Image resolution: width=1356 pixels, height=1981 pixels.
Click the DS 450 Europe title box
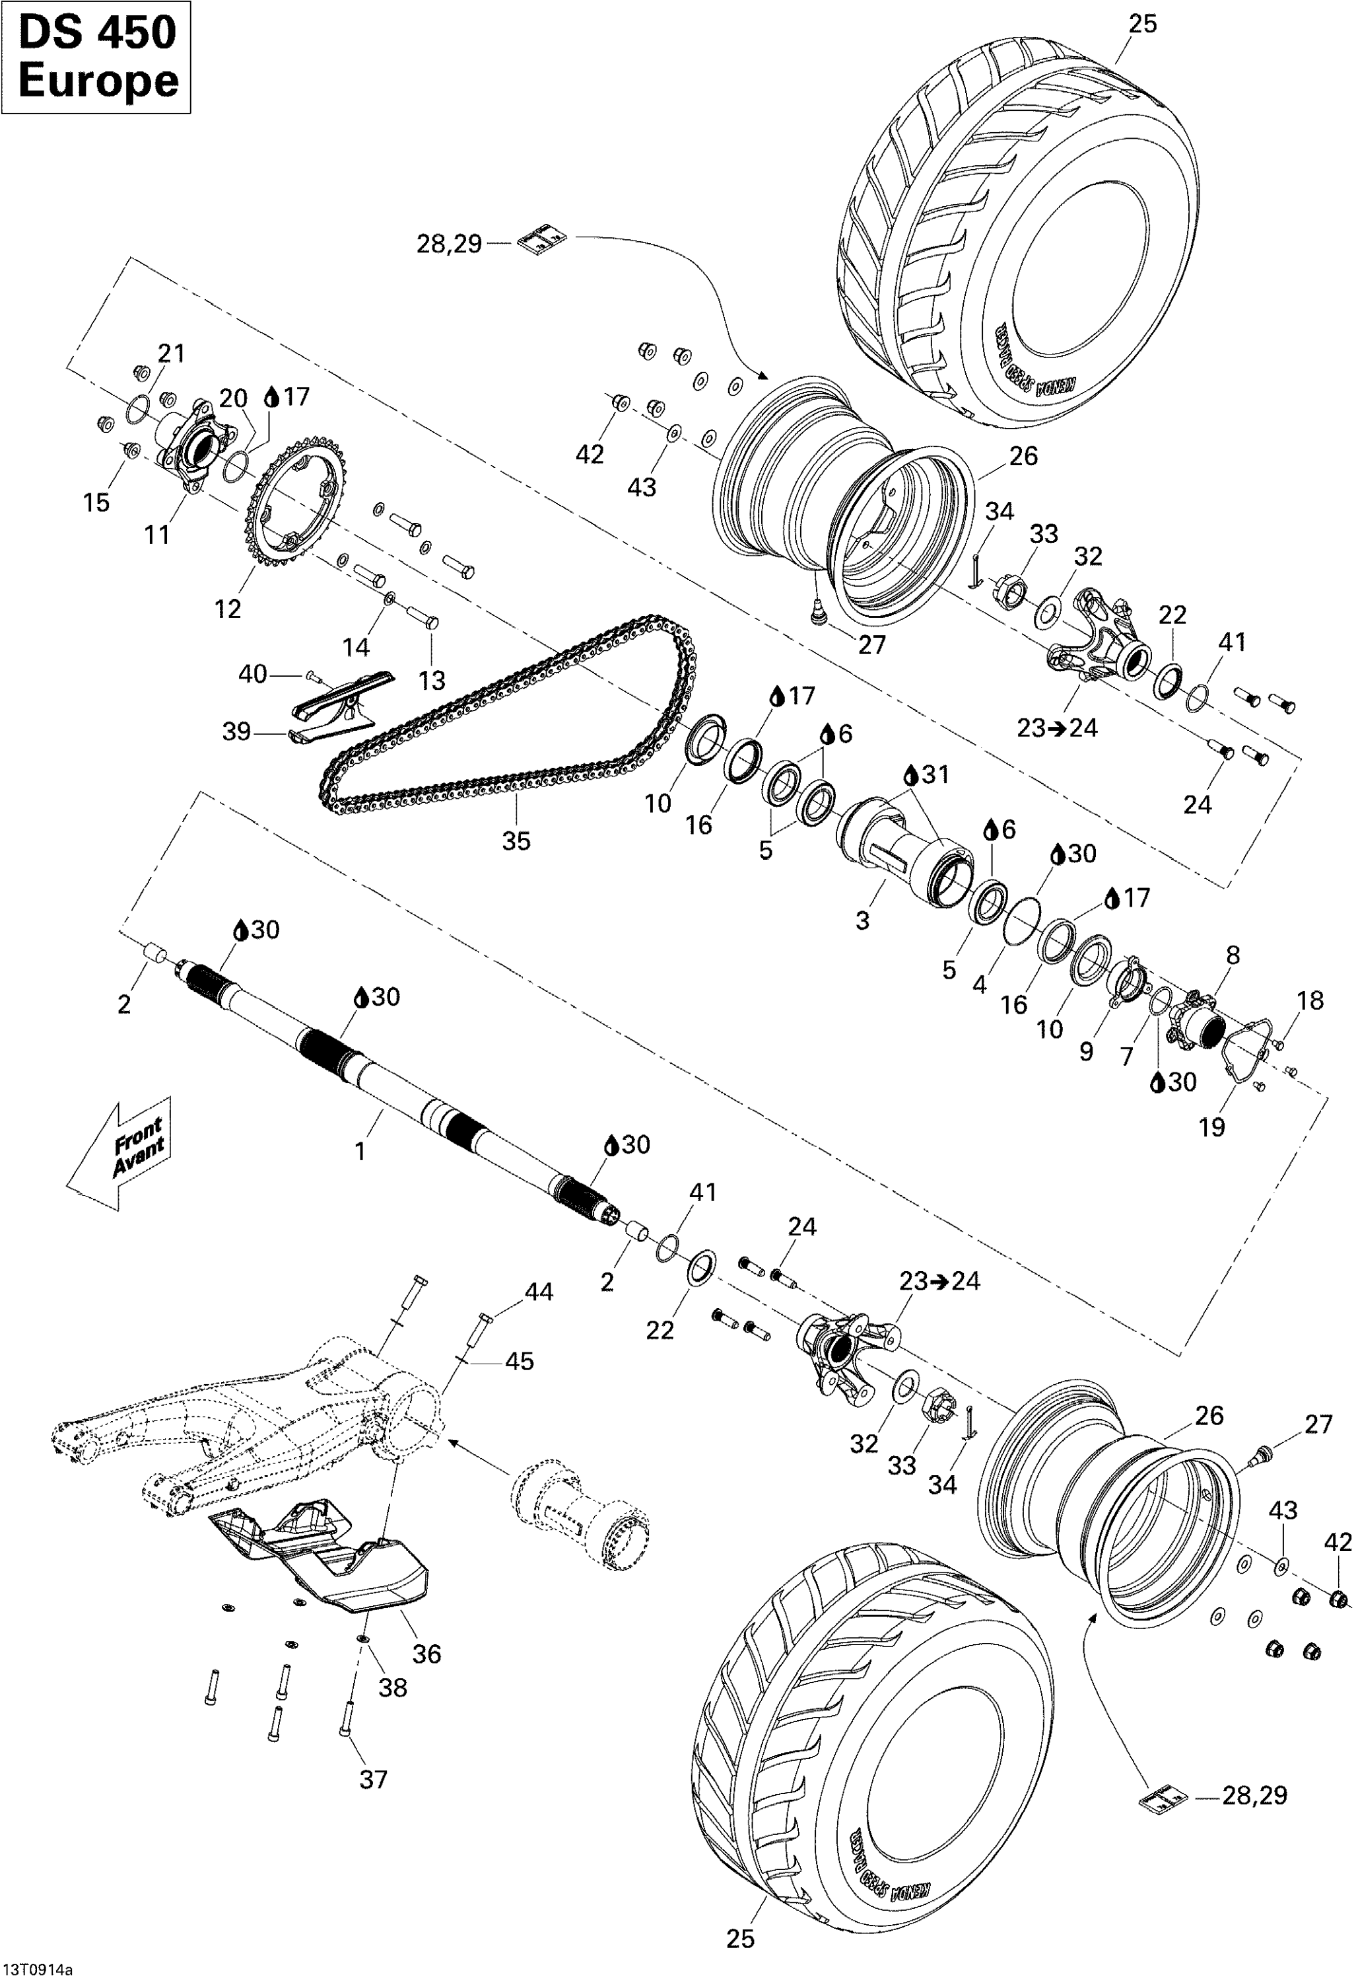point(96,57)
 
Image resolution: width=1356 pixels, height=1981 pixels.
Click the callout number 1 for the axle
point(360,1151)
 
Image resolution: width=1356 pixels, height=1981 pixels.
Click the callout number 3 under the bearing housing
point(863,921)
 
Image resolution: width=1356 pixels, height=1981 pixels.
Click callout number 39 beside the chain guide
point(236,732)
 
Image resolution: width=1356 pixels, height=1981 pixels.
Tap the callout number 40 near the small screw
point(252,674)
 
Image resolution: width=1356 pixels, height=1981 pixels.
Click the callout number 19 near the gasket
point(1211,1127)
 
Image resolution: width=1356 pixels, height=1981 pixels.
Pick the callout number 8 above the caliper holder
point(1233,955)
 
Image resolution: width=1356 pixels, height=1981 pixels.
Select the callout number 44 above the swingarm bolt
point(538,1292)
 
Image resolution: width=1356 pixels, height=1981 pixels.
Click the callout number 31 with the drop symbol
point(935,774)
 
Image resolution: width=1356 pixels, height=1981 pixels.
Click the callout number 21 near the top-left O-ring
point(171,353)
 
